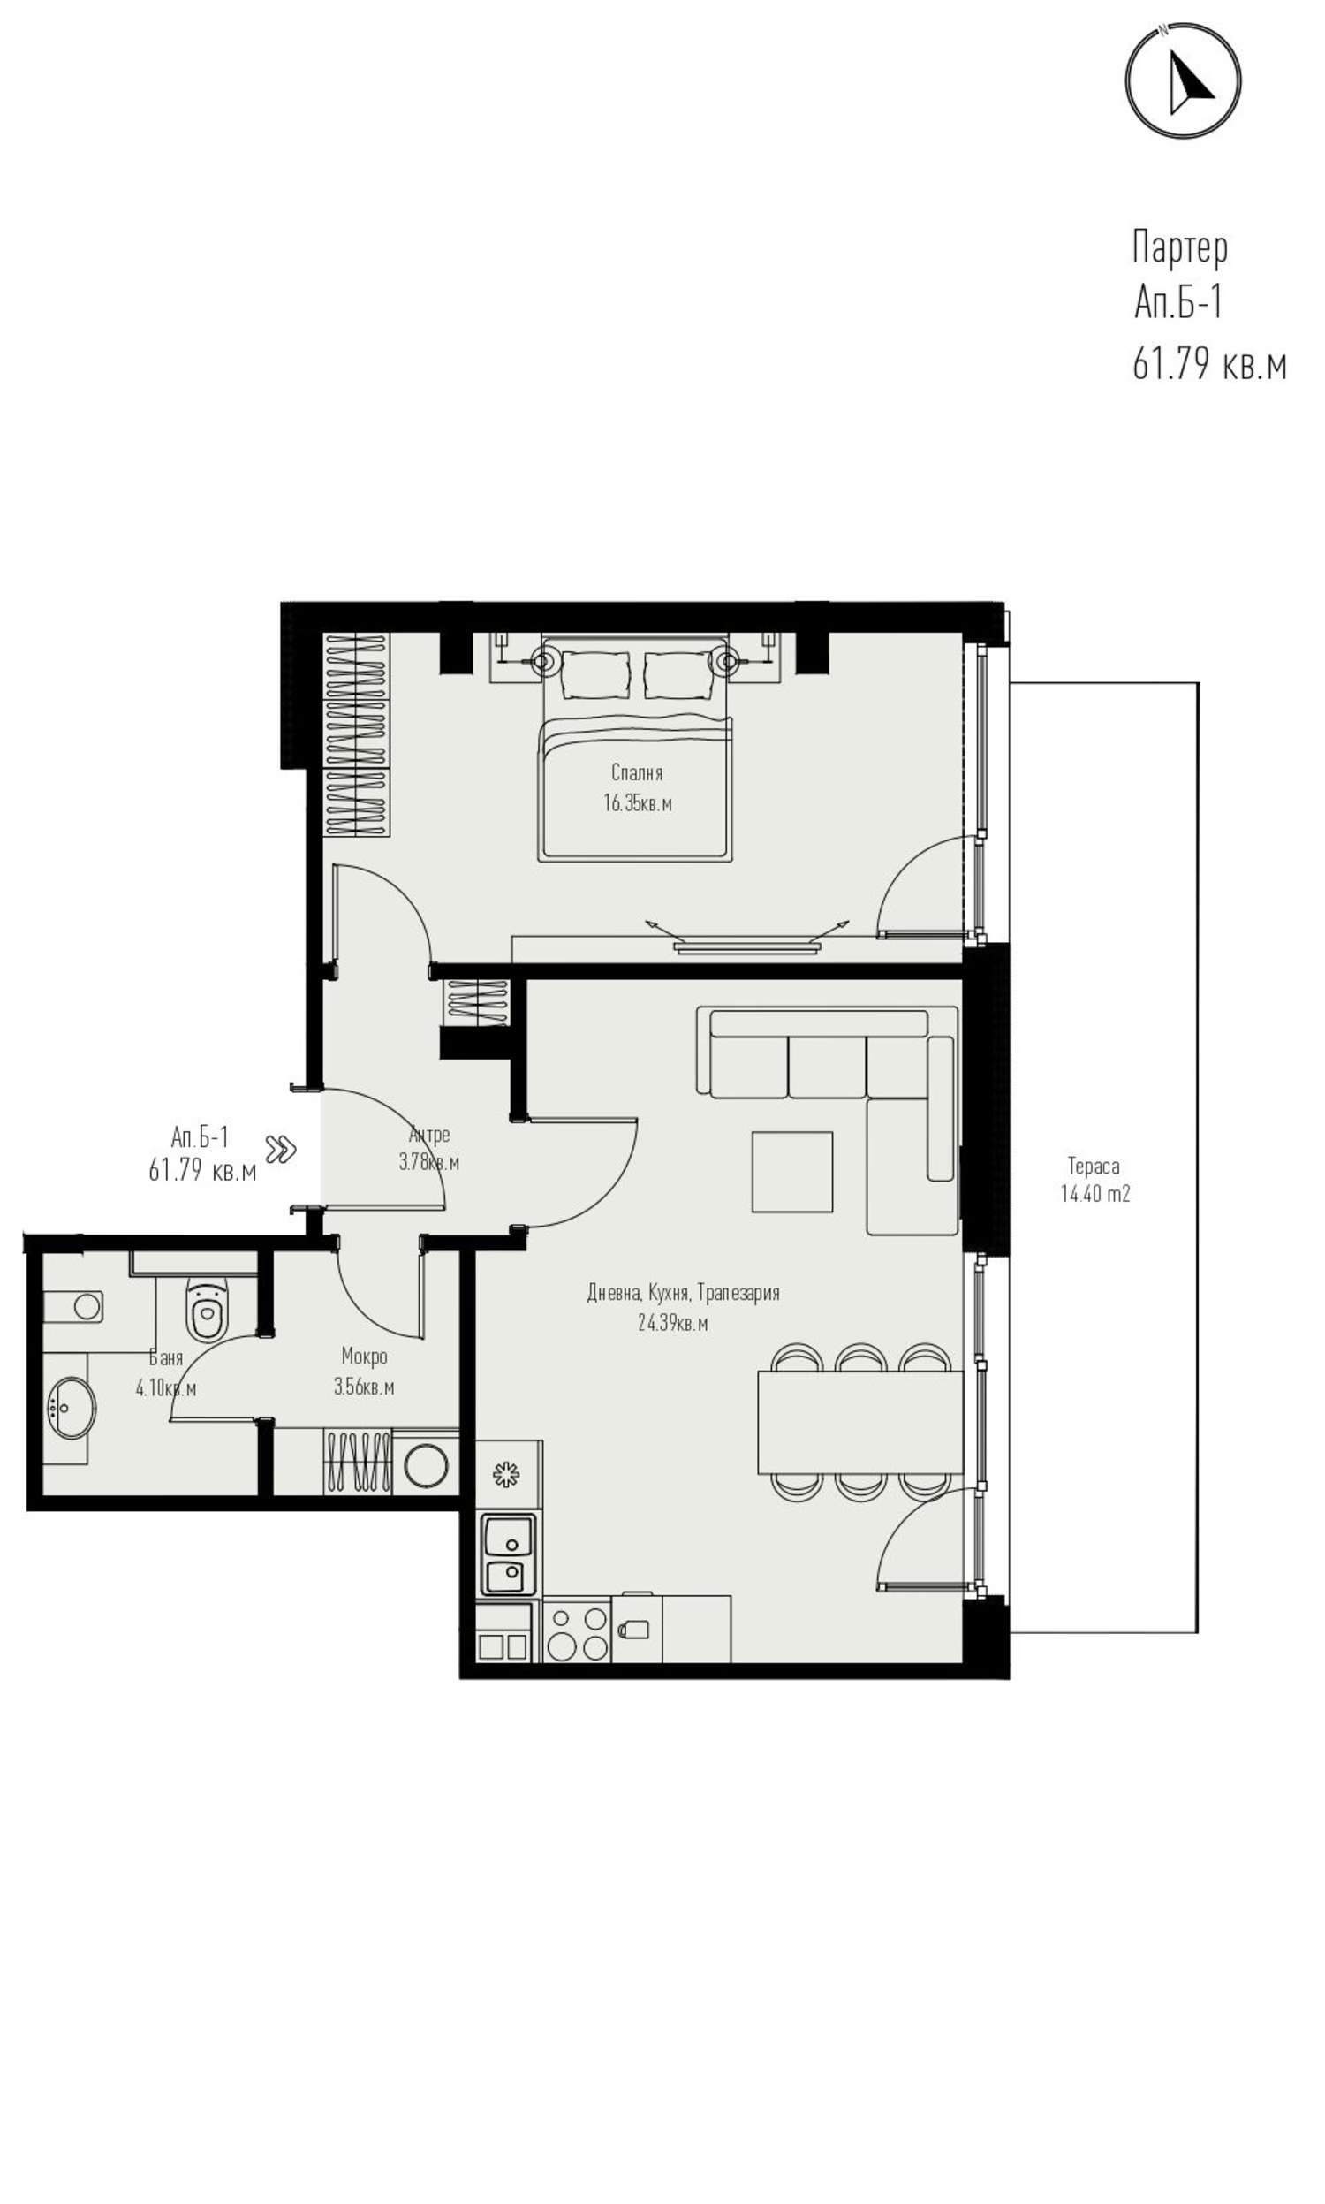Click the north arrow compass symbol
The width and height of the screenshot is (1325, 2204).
pos(1182,80)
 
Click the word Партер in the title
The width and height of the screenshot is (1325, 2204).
pos(1179,247)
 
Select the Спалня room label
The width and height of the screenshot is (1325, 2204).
pos(637,772)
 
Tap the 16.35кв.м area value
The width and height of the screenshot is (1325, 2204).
pos(638,802)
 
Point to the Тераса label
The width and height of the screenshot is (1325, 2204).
pos(1094,1166)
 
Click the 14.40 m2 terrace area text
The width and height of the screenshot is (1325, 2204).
pos(1094,1193)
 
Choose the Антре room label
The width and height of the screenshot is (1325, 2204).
pos(429,1135)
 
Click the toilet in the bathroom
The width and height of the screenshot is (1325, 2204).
pos(208,1310)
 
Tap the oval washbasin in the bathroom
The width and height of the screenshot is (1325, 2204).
pos(70,1409)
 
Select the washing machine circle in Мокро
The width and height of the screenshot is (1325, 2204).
pos(426,1465)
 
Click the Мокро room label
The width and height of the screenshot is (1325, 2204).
pos(364,1357)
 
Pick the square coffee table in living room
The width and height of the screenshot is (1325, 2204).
pos(792,1173)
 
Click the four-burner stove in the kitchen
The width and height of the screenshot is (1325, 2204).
pos(577,1634)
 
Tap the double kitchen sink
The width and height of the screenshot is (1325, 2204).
pos(509,1555)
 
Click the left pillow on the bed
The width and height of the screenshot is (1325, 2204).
pos(594,676)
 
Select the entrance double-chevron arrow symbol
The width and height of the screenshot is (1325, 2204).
pos(281,1150)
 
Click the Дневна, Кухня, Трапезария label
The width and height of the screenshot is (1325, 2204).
pos(683,1292)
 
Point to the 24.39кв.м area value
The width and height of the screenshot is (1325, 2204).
pos(672,1324)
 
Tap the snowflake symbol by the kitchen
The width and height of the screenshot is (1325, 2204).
pos(506,1474)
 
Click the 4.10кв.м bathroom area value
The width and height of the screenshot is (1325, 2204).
pos(166,1388)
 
